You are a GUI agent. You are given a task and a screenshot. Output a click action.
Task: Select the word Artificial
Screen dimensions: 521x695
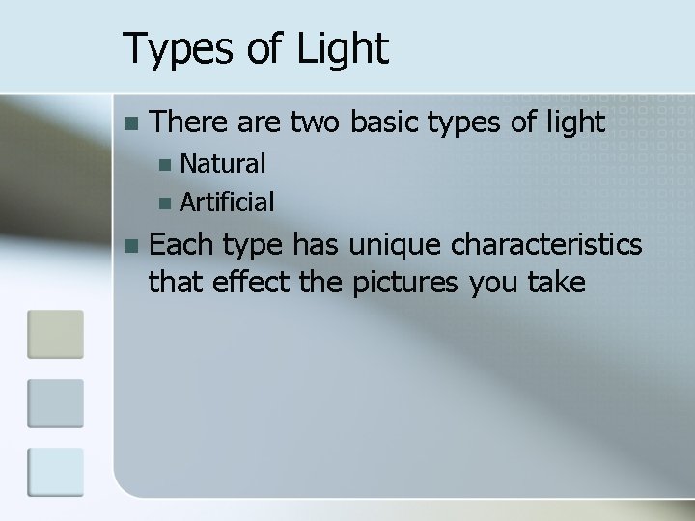227,203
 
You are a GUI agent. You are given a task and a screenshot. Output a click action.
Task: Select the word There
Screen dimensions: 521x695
185,123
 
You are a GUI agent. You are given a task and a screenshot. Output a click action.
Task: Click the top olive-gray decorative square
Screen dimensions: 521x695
55,334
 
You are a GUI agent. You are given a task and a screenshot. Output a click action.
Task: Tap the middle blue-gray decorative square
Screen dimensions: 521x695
55,404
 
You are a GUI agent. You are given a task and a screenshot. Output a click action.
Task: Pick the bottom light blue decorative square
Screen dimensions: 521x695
55,473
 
